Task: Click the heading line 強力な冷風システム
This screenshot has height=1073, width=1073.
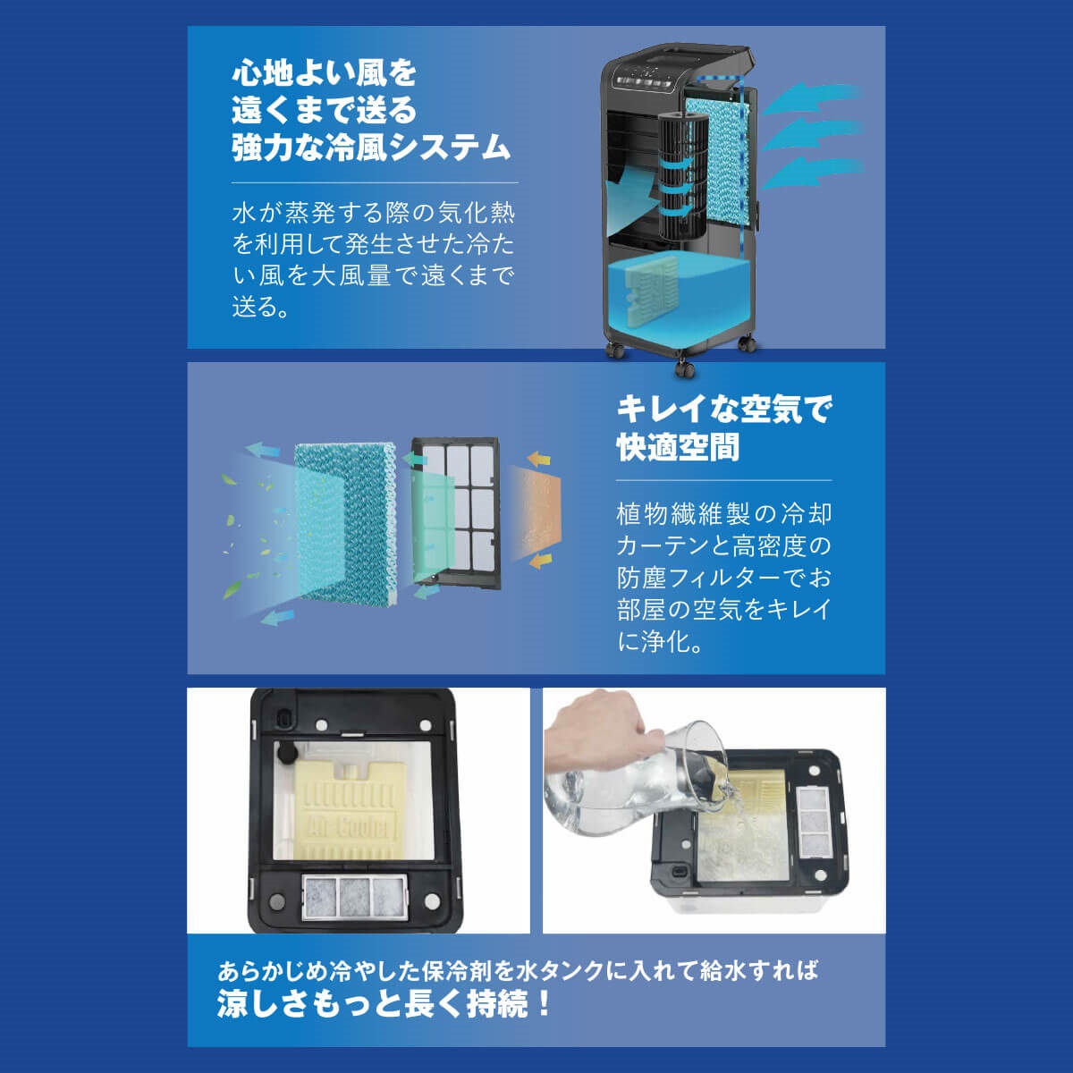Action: (x=371, y=148)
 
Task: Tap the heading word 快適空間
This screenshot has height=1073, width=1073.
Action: (x=678, y=447)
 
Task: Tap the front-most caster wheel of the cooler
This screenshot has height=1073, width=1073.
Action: (x=684, y=368)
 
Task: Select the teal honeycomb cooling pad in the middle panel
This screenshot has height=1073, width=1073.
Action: (x=345, y=523)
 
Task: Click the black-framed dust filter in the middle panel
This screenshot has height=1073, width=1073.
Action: (x=455, y=513)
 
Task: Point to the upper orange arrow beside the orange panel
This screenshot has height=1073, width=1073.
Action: (x=539, y=459)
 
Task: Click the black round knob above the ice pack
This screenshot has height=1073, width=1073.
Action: (x=287, y=754)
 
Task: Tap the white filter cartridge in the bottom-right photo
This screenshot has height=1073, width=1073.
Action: (x=815, y=823)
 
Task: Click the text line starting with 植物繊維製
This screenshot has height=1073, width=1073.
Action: (x=723, y=514)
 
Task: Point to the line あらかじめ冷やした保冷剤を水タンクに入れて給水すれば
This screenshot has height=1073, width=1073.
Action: (x=518, y=971)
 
